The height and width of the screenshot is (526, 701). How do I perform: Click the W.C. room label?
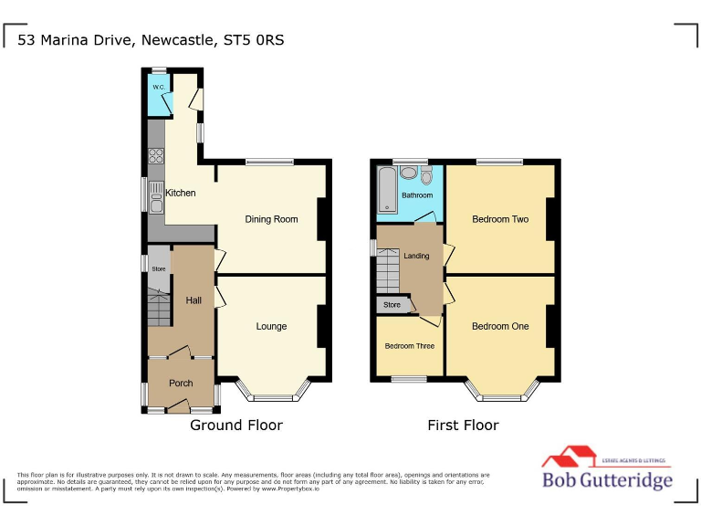pyautogui.click(x=159, y=88)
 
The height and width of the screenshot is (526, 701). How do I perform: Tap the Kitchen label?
pyautogui.click(x=180, y=193)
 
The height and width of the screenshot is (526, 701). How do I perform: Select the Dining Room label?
pyautogui.click(x=271, y=219)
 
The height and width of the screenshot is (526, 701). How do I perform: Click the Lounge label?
pyautogui.click(x=271, y=326)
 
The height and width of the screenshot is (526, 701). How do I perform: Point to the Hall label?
pyautogui.click(x=194, y=300)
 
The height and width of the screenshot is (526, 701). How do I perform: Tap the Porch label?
pyautogui.click(x=181, y=383)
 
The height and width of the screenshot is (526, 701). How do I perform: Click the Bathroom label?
pyautogui.click(x=417, y=195)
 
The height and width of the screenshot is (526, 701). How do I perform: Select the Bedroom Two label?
pyautogui.click(x=500, y=219)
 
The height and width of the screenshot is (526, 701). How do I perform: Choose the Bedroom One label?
pyautogui.click(x=500, y=326)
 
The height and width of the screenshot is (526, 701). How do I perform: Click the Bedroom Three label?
pyautogui.click(x=410, y=346)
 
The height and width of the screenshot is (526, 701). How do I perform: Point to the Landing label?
pyautogui.click(x=416, y=256)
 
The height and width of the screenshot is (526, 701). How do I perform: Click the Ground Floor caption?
pyautogui.click(x=235, y=425)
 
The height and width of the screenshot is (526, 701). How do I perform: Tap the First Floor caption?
pyautogui.click(x=464, y=425)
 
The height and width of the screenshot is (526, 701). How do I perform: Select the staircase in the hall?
pyautogui.click(x=159, y=308)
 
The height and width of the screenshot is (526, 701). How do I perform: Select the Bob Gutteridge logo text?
pyautogui.click(x=607, y=480)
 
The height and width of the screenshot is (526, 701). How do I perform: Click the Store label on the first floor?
pyautogui.click(x=392, y=305)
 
